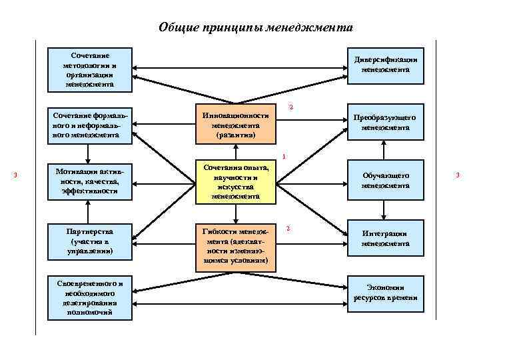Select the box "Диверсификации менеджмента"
(385, 65)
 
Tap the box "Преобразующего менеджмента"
(385, 122)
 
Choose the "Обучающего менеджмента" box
(385, 181)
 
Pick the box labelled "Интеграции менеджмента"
(385, 238)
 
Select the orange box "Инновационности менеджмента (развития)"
(236, 125)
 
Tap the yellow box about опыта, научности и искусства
(236, 181)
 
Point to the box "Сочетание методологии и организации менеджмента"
(90, 69)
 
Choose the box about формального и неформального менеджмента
(90, 125)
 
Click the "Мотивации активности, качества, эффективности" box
(90, 181)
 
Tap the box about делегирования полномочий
(90, 297)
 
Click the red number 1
(284, 157)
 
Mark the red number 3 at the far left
(15, 175)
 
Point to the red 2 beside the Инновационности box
(290, 107)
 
